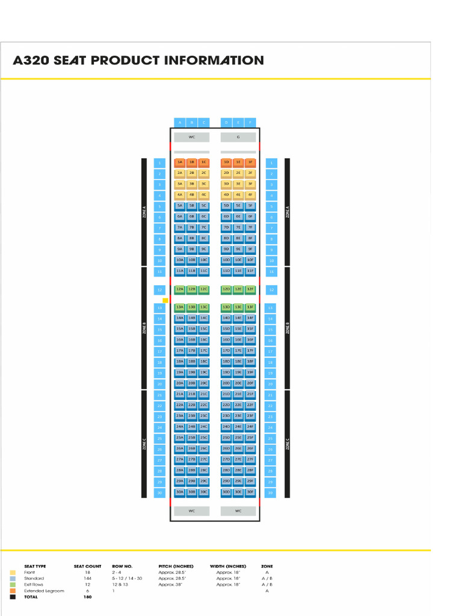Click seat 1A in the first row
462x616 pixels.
(x=179, y=162)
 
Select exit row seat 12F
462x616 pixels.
(x=250, y=289)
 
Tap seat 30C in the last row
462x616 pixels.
(x=204, y=492)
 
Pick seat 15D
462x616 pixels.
(x=226, y=329)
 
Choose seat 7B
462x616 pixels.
(x=192, y=227)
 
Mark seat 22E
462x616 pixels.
(x=238, y=405)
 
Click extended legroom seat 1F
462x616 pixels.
(x=250, y=162)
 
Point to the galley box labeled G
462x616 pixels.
(x=238, y=137)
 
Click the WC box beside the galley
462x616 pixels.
(x=192, y=137)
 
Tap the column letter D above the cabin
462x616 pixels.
(x=226, y=122)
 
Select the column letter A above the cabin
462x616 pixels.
(x=179, y=122)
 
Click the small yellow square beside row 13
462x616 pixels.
(x=165, y=300)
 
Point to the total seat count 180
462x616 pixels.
(x=88, y=597)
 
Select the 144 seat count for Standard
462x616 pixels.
(x=88, y=578)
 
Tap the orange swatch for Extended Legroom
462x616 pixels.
(x=13, y=591)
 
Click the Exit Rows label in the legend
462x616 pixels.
(x=34, y=585)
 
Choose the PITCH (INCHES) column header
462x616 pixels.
(x=176, y=566)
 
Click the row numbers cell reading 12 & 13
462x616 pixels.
(x=119, y=585)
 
